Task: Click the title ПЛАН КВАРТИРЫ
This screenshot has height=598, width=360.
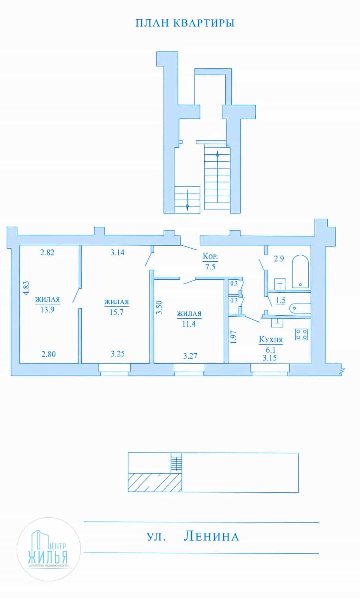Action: [185, 23]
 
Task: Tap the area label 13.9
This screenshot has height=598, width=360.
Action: [47, 309]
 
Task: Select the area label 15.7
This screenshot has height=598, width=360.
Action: [116, 312]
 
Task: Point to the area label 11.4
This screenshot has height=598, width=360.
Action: [189, 324]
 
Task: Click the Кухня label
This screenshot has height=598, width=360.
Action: [271, 339]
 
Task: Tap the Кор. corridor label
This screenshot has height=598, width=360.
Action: [210, 256]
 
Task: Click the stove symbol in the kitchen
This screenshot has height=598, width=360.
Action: [301, 334]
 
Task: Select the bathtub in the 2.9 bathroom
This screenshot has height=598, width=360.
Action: [300, 272]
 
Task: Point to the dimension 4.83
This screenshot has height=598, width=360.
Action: [26, 288]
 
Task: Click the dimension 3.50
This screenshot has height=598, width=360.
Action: [159, 308]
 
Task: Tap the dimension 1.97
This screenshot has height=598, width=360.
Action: [233, 337]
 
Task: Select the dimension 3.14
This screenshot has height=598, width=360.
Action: [117, 252]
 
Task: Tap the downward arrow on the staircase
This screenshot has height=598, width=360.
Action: [187, 200]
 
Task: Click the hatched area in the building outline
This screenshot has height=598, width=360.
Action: [155, 483]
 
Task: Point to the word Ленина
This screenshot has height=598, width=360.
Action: [211, 536]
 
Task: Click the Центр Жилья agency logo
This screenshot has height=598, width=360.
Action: [48, 549]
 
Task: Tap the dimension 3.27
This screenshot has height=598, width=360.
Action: [190, 356]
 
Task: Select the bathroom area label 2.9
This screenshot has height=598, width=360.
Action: [279, 258]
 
